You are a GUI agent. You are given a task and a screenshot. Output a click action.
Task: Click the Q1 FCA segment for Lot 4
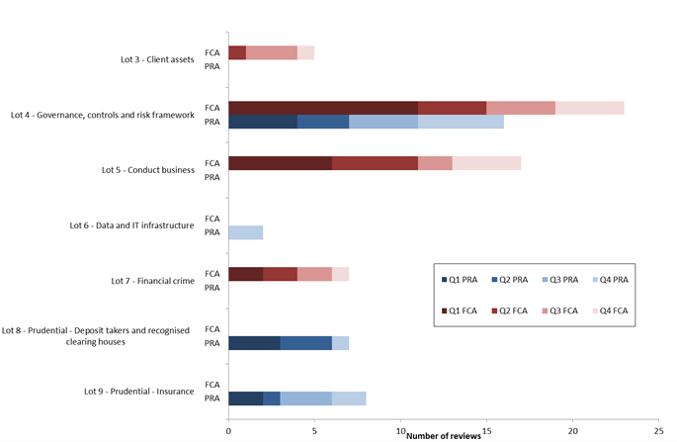tap(322, 108)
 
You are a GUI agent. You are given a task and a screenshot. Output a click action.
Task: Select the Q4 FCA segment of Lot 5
tap(486, 163)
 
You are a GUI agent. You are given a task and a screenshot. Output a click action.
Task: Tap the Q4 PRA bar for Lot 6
tap(245, 232)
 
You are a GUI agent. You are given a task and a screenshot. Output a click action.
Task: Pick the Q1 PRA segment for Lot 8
tap(254, 343)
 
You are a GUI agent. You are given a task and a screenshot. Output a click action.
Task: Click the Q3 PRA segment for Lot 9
tap(305, 398)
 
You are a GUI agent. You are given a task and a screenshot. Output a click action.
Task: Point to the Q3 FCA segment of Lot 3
tap(271, 52)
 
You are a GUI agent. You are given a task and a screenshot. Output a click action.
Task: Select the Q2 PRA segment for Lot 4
tap(322, 122)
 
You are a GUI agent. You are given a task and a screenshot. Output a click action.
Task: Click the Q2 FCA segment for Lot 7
tap(280, 274)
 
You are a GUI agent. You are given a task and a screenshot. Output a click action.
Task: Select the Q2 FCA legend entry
tap(514, 309)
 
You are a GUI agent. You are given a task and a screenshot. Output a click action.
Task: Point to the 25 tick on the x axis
tap(658, 431)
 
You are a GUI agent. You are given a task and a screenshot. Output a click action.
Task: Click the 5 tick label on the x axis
tap(314, 431)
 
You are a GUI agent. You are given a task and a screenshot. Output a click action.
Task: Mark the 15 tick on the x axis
tap(486, 431)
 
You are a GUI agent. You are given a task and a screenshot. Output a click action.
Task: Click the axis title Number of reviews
tap(444, 434)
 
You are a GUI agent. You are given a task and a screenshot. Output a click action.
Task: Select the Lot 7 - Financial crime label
tap(152, 281)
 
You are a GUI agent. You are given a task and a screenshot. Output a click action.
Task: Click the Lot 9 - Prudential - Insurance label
tap(139, 392)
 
